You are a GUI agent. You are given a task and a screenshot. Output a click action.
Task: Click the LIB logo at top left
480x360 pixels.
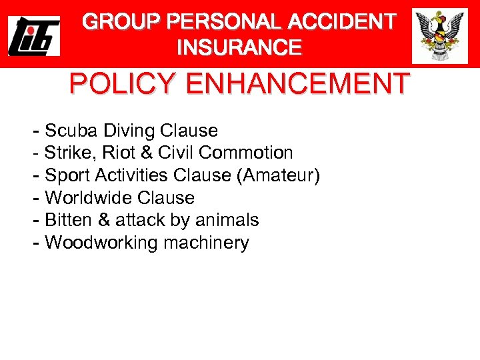34,35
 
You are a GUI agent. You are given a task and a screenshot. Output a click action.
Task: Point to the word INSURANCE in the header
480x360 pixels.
239,48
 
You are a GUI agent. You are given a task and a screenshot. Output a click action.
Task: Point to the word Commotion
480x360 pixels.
246,153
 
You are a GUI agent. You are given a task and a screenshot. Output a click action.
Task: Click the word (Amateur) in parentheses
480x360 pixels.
281,175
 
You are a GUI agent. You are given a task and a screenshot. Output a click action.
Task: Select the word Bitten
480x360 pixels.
65,220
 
